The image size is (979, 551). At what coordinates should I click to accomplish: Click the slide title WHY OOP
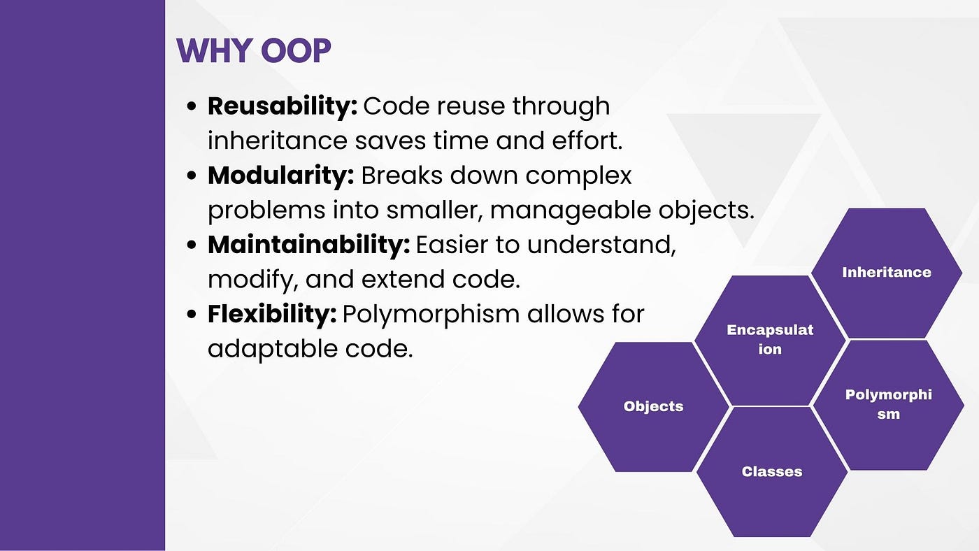[x=253, y=50]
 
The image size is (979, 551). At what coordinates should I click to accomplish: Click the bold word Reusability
[x=283, y=106]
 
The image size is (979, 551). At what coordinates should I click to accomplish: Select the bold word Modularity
[x=280, y=176]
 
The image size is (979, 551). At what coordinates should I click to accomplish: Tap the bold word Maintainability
[x=308, y=245]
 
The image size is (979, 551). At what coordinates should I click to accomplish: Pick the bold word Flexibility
[x=272, y=314]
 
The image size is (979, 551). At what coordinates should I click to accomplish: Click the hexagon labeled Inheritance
[x=887, y=273]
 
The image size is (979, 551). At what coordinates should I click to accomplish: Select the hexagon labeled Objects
[x=653, y=406]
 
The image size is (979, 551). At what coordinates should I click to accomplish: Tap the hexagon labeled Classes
[x=772, y=472]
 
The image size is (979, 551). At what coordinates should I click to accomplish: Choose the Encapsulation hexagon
[x=770, y=340]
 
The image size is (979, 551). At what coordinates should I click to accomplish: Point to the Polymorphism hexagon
[x=888, y=405]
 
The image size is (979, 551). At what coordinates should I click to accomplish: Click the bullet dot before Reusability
[x=192, y=106]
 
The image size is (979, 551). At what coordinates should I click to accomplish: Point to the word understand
[x=601, y=245]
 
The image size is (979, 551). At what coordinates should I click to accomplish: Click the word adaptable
[x=273, y=349]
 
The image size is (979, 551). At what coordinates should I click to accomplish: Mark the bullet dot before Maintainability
[x=192, y=245]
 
